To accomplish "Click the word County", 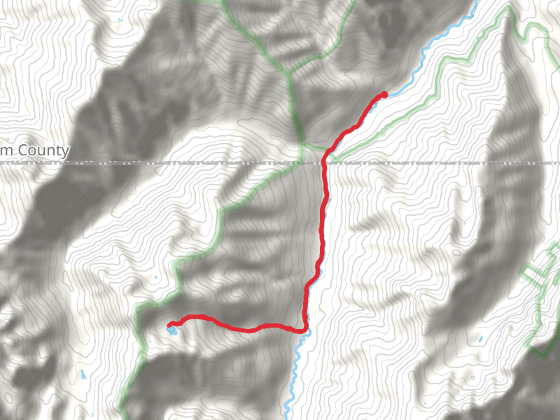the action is [43, 150].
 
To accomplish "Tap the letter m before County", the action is [7, 151].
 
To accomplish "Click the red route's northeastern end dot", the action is [384, 94].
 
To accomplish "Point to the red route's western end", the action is [170, 324].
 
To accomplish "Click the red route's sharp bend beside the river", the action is [305, 329].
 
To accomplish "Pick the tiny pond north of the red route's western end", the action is [156, 278].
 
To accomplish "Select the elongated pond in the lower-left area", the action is [83, 374].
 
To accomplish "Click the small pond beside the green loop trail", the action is [481, 339].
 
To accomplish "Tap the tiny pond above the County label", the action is [120, 19].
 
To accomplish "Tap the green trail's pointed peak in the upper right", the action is [507, 14].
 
